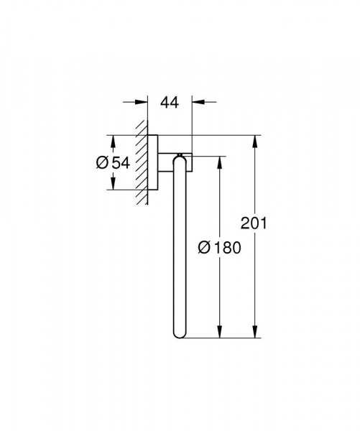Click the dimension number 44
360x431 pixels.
click(x=169, y=103)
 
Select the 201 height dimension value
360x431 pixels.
click(x=254, y=223)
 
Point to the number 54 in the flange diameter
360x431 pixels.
click(x=121, y=163)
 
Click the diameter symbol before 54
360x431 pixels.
click(x=103, y=163)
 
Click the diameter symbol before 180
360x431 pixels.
click(x=203, y=248)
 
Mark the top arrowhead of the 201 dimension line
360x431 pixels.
click(x=254, y=140)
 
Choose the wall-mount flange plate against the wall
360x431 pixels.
click(x=153, y=162)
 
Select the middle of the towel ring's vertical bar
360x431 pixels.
click(x=180, y=248)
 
